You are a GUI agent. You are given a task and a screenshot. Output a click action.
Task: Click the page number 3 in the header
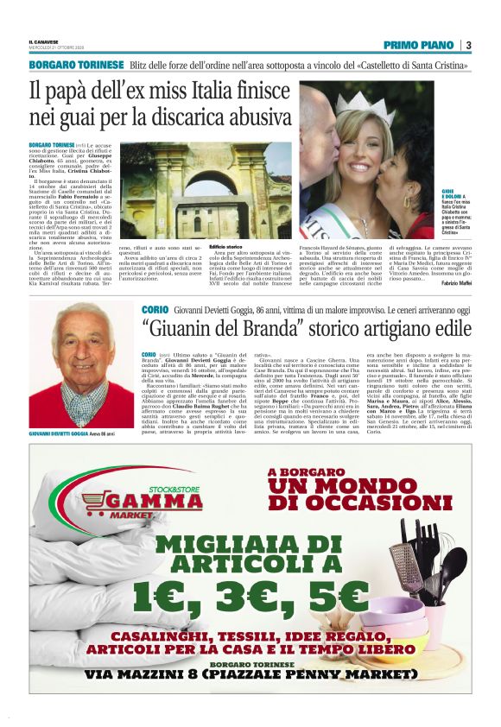tap(467, 45)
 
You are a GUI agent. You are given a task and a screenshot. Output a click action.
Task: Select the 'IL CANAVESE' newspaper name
tap(44, 41)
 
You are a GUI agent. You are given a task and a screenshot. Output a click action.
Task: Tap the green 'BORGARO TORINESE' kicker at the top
tap(76, 66)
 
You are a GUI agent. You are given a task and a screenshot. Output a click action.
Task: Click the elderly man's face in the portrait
tap(79, 342)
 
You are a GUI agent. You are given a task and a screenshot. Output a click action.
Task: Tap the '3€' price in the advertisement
tap(251, 596)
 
